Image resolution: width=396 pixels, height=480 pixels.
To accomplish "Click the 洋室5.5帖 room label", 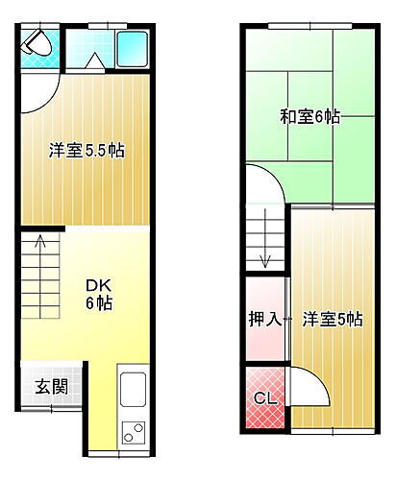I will click(x=87, y=151).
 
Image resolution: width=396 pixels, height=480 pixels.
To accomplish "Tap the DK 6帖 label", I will click(x=100, y=294).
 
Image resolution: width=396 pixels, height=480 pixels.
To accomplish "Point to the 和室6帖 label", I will click(x=309, y=116).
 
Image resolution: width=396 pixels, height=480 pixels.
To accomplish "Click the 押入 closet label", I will click(x=264, y=319).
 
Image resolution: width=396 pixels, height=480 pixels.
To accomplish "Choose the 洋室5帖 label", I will click(x=333, y=319).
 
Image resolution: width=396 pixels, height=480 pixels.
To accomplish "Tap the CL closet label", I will click(x=264, y=397).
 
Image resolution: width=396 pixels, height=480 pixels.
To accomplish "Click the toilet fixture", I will click(x=37, y=42).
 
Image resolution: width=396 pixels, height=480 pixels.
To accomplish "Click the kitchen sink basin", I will click(x=131, y=393).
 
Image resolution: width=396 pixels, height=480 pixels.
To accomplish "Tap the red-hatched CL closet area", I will click(x=264, y=409).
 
